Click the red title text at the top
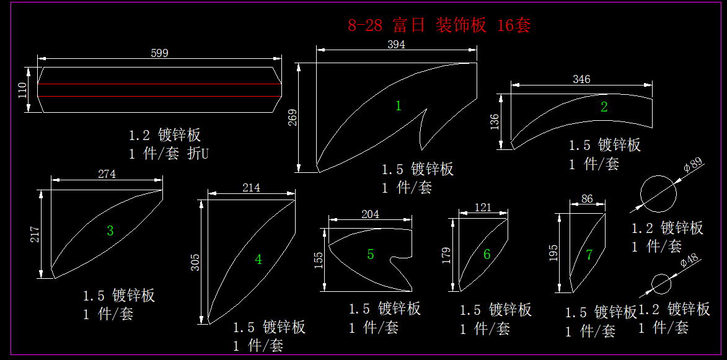439,25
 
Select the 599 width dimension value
159,53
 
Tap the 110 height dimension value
23,90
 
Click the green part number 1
399,106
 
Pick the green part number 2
604,107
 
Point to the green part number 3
110,231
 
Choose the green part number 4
258,260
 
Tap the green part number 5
371,254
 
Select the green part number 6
487,254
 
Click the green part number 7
589,255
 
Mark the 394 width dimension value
396,45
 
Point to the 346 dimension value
581,79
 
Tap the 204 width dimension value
370,214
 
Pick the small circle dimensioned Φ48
661,284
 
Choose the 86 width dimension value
587,200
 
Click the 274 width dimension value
107,174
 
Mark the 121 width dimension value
483,207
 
